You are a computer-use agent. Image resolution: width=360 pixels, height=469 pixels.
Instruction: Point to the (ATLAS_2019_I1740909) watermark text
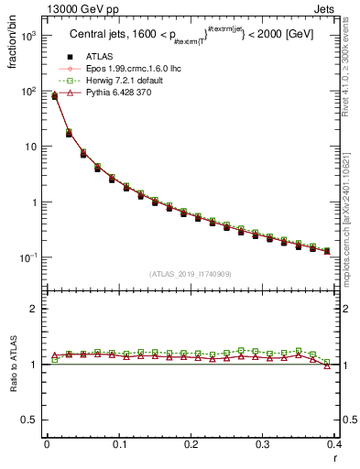[x=190, y=273]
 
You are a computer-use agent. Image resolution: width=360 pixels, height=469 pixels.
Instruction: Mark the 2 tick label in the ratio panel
[x=33, y=309]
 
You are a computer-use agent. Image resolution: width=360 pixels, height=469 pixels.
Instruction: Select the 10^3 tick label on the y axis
[x=29, y=36]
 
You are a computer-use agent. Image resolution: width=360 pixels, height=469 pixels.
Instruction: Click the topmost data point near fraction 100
[x=54, y=95]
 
